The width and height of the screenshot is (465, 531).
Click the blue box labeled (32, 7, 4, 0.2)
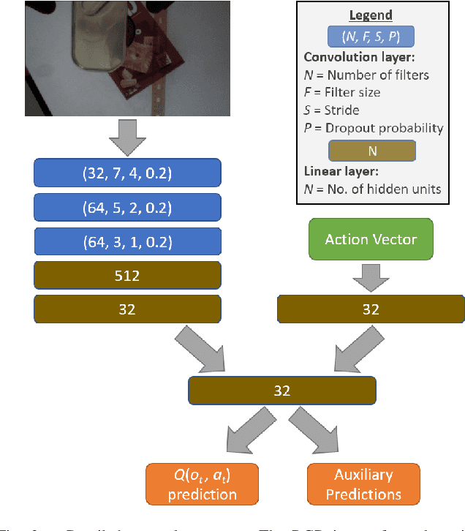pos(127,173)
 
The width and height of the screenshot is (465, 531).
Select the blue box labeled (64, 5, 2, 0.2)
pos(127,207)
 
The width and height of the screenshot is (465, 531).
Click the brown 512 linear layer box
pos(127,275)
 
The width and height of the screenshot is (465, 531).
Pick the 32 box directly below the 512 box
pos(127,309)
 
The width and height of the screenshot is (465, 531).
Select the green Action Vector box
pos(371,239)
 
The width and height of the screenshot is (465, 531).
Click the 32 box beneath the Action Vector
pos(371,309)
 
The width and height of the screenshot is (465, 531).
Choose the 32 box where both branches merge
pos(281,391)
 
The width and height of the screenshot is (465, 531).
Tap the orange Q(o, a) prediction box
pos(203,483)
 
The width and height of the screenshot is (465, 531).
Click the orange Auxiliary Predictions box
pos(364,483)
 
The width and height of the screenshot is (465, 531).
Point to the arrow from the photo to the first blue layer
pos(127,137)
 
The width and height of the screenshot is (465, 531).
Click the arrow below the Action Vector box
pos(371,276)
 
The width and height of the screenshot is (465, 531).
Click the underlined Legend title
pos(371,15)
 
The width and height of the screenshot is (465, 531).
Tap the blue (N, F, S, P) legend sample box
pos(371,36)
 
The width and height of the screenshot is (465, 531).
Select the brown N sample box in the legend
pos(371,150)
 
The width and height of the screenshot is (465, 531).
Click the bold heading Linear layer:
pos(341,170)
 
